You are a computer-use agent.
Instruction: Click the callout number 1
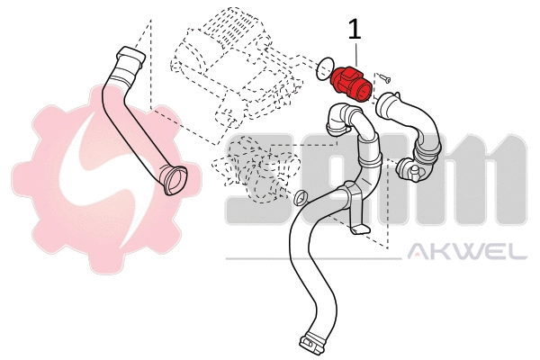[x=355, y=29]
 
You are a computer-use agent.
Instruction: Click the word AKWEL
[x=467, y=252]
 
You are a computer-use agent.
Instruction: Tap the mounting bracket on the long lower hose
[x=361, y=229]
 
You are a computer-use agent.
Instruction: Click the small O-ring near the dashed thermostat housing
[x=301, y=197]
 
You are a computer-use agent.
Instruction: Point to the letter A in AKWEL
[x=419, y=252]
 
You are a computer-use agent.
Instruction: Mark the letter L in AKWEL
[x=518, y=252]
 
